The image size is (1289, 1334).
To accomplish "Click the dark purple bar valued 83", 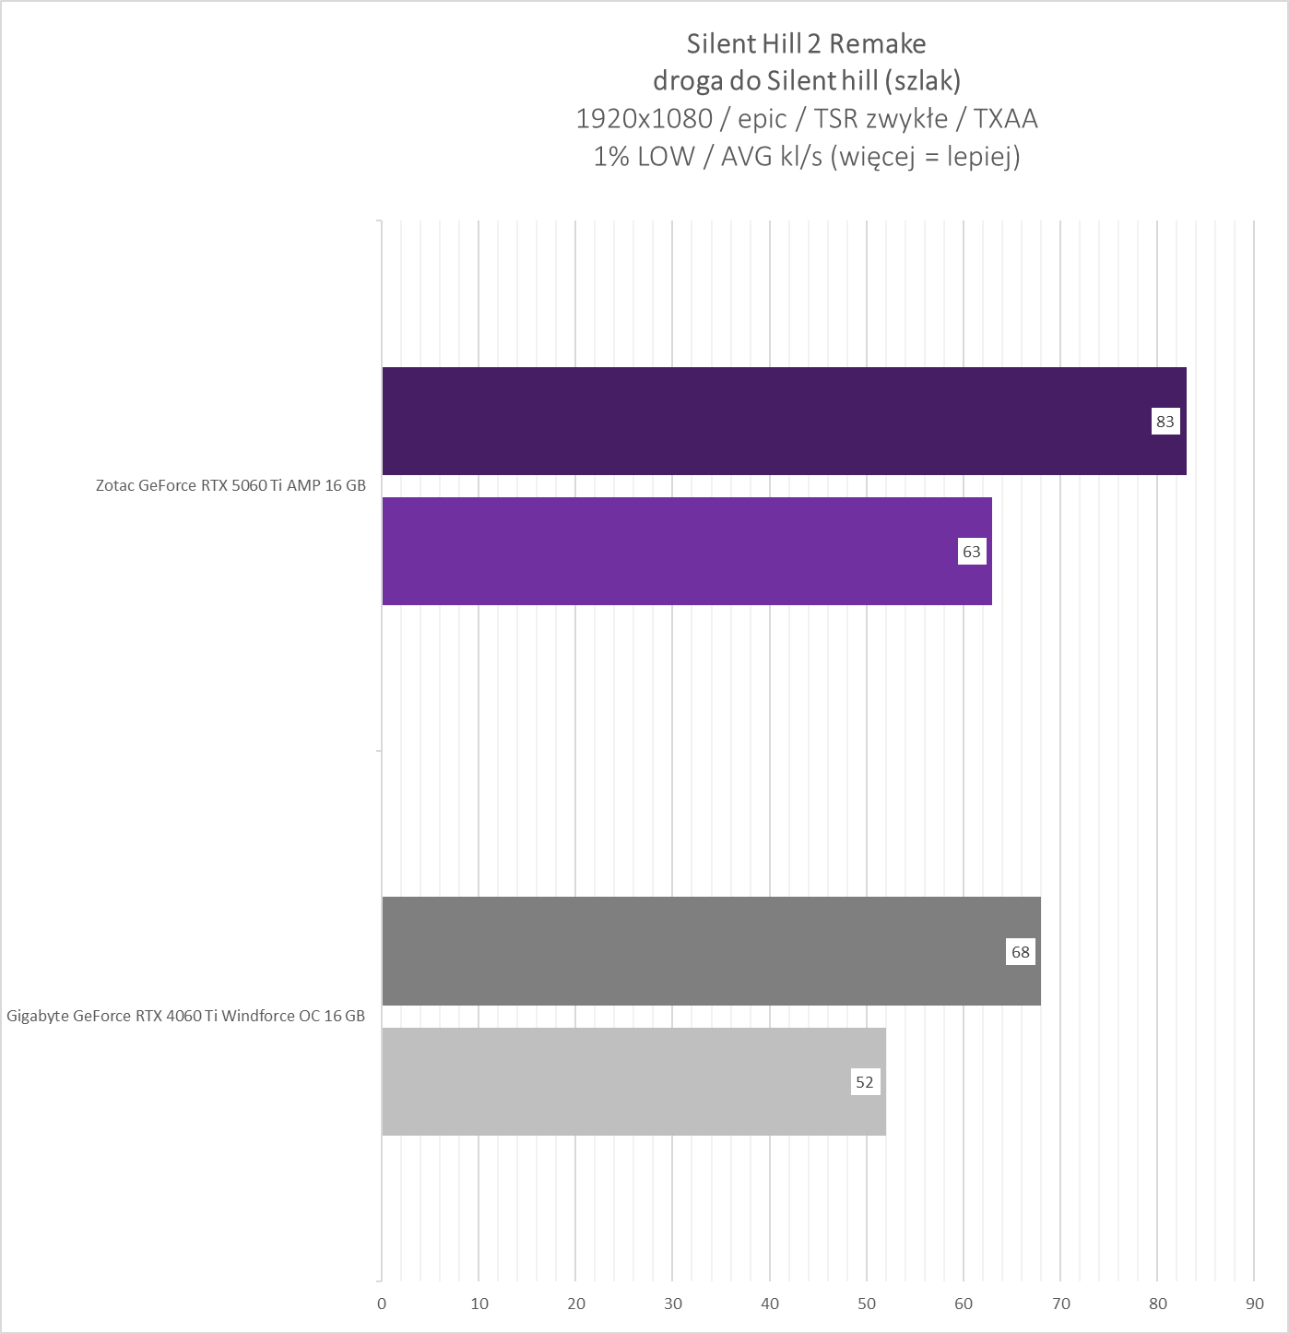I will [765, 421].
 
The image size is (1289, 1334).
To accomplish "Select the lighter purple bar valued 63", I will [673, 551].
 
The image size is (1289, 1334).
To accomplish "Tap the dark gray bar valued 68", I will [692, 951].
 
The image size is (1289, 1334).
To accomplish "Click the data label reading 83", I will [1165, 422].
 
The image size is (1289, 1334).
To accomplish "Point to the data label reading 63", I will [972, 552].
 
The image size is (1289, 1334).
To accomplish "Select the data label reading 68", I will [1021, 952].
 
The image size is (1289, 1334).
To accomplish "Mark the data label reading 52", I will [865, 1082].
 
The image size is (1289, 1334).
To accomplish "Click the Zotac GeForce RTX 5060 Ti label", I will [231, 485].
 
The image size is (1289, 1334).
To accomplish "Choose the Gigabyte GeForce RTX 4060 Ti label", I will [185, 1016].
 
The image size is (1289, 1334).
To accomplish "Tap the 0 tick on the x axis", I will [382, 1304].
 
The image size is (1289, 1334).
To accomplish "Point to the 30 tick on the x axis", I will [673, 1304].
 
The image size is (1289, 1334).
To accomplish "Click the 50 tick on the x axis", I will [867, 1304].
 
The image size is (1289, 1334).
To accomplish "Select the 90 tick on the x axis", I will [1255, 1304].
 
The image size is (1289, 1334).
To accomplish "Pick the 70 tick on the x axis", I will [1061, 1304].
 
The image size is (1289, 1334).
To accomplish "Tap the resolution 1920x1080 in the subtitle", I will [644, 119].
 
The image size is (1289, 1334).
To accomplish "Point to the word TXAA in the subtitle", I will [1006, 119].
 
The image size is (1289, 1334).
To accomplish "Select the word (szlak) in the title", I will [922, 81].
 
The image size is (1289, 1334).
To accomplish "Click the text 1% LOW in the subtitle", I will [644, 157].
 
